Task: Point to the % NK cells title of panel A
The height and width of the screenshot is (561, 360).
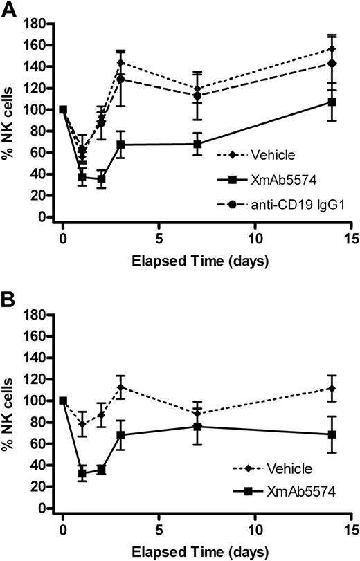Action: click(12, 120)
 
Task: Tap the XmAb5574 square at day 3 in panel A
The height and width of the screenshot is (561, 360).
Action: click(120, 145)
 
